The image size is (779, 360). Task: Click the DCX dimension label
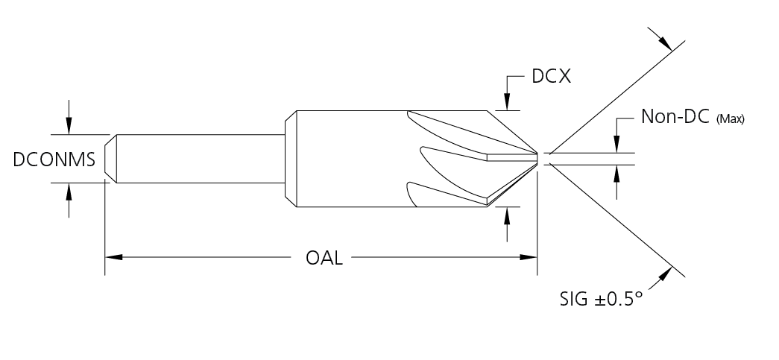[x=551, y=76]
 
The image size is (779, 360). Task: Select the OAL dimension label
[x=324, y=258]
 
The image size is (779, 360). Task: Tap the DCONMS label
[x=54, y=159]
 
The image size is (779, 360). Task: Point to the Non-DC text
[x=675, y=118]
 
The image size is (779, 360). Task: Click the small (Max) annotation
[x=731, y=119]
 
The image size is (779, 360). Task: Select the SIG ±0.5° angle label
[x=601, y=300]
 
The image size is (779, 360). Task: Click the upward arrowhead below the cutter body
[x=507, y=214]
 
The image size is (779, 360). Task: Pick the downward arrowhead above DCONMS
[x=69, y=128]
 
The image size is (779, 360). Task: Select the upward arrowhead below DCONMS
[x=69, y=190]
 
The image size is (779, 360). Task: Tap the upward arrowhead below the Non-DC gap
[x=617, y=172]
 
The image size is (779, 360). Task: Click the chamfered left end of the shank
[x=109, y=159]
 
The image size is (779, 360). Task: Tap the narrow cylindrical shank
[x=201, y=159]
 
